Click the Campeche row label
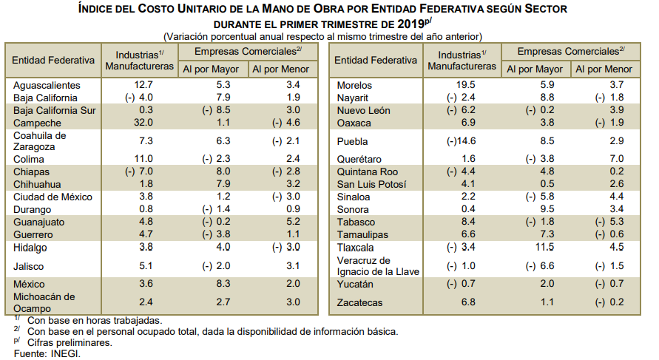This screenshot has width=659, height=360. point(36,123)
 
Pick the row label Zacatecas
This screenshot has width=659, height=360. point(360,302)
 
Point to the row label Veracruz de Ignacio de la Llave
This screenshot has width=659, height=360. point(378,265)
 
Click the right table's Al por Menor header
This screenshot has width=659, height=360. point(604,69)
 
